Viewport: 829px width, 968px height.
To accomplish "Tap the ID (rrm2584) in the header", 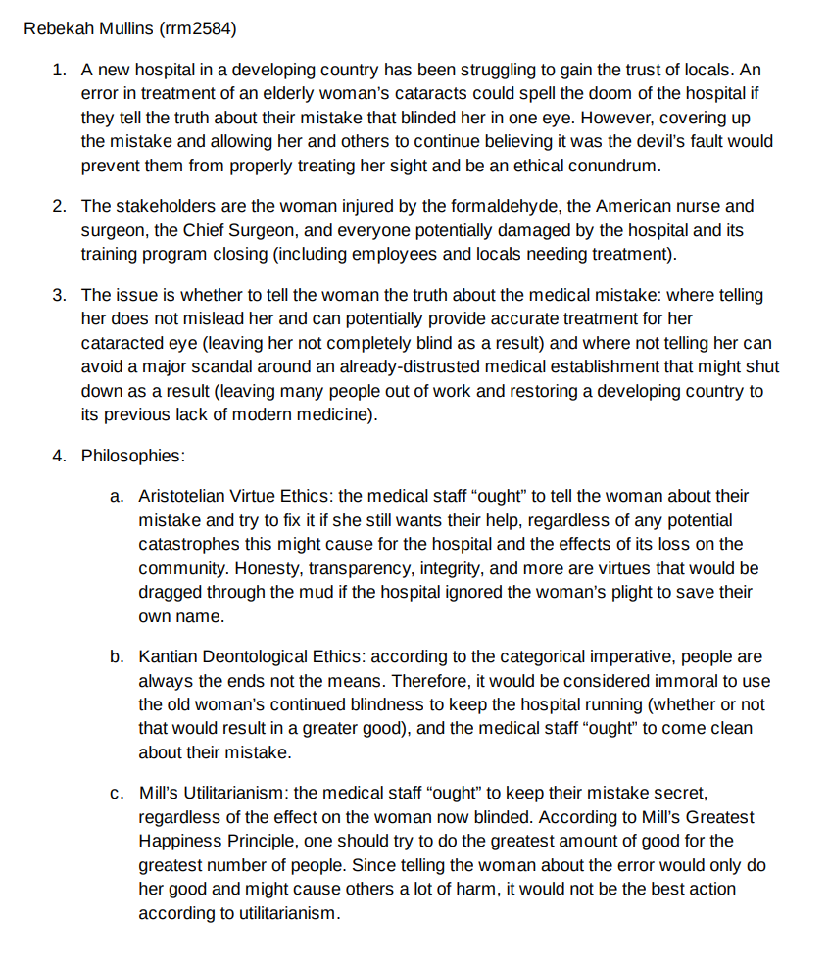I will click(x=196, y=28).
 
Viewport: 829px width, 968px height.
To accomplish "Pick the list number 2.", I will click(x=60, y=207).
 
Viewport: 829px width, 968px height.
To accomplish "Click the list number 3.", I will click(x=60, y=296).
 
